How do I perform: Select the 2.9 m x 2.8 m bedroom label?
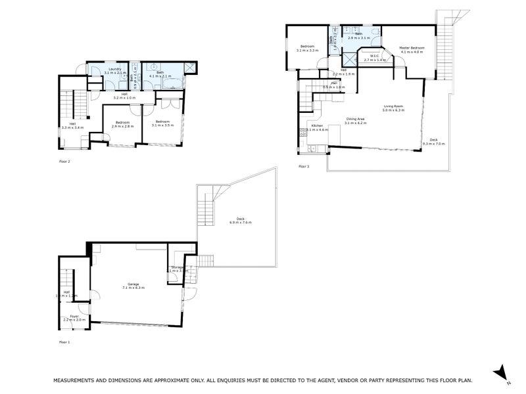pyautogui.click(x=122, y=122)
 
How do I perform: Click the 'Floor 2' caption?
pyautogui.click(x=64, y=160)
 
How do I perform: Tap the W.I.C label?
pyautogui.click(x=373, y=56)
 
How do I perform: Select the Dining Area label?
pyautogui.click(x=356, y=119)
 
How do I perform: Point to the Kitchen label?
pyautogui.click(x=317, y=125)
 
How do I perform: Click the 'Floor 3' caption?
pyautogui.click(x=304, y=167)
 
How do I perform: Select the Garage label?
pyautogui.click(x=134, y=284)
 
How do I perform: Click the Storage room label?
pyautogui.click(x=177, y=267)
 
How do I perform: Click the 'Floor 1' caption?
pyautogui.click(x=64, y=342)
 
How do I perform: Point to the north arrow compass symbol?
pyautogui.click(x=501, y=372)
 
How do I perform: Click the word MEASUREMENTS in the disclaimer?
pyautogui.click(x=76, y=380)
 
